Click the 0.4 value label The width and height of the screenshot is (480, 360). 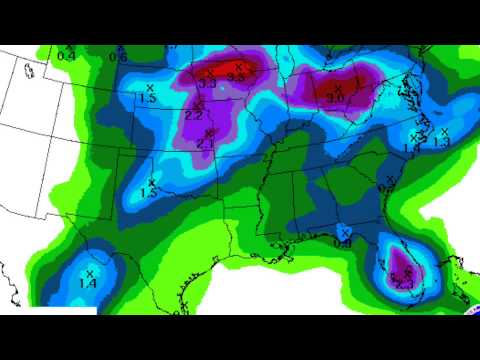[x=66, y=56]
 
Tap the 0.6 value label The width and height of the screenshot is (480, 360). [x=118, y=57]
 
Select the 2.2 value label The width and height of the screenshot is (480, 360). [x=195, y=115]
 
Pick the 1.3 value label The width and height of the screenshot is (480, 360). [x=441, y=142]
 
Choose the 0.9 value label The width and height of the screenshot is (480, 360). [x=343, y=241]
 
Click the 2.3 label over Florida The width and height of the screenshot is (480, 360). [x=405, y=285]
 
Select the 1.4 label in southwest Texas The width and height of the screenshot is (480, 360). [x=88, y=284]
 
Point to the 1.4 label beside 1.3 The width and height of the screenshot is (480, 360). [x=411, y=148]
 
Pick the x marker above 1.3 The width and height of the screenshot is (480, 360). [x=442, y=131]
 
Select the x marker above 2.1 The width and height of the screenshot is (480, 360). [x=208, y=133]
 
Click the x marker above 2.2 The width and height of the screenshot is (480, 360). [x=199, y=104]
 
